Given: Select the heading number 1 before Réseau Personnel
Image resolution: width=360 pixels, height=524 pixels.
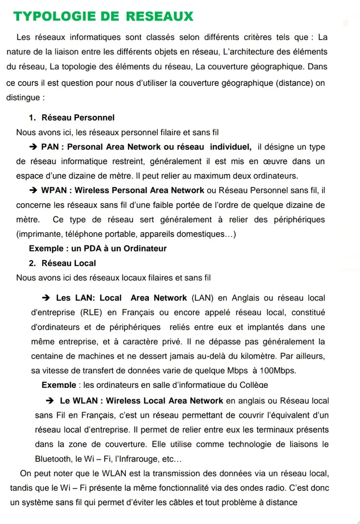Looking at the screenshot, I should pyautogui.click(x=32, y=117).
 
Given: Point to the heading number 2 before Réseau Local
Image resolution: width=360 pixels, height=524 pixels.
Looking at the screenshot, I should pyautogui.click(x=32, y=263).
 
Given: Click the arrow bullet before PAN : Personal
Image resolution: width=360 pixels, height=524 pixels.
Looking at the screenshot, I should pyautogui.click(x=33, y=147).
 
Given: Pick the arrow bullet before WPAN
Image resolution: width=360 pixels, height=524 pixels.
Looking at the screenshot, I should pyautogui.click(x=33, y=191).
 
